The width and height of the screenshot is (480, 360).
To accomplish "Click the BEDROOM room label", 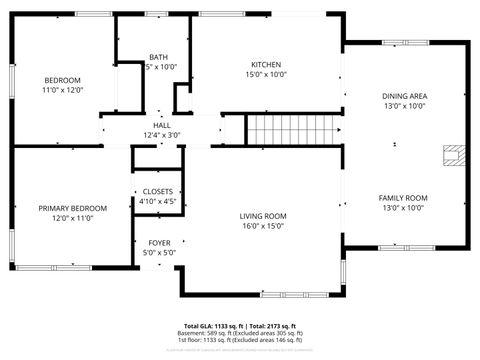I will [x=62, y=80].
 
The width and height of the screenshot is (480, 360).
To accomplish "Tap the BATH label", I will [x=159, y=57].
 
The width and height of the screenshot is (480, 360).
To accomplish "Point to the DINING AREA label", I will [x=403, y=96].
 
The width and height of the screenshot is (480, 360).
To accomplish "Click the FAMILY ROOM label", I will [x=403, y=198].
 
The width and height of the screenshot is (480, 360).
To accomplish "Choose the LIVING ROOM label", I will [x=262, y=216].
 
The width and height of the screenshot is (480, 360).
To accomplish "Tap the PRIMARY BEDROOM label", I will [x=66, y=208].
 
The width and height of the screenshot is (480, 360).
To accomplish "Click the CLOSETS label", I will [x=159, y=191].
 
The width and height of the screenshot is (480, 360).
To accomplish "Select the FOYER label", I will [x=160, y=243].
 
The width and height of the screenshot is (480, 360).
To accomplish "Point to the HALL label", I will [x=161, y=124].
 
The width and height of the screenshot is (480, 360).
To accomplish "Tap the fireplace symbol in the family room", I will [x=455, y=156].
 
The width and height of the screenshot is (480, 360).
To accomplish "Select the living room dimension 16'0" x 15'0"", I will [x=262, y=226].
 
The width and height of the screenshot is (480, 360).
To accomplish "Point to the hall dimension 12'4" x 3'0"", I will [x=161, y=134].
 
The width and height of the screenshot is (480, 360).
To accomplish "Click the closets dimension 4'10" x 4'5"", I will [x=159, y=201].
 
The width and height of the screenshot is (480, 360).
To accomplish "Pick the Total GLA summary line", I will [x=240, y=326].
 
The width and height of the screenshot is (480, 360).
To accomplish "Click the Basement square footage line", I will [x=240, y=333].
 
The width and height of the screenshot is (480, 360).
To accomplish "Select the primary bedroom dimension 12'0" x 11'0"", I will [x=66, y=218].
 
